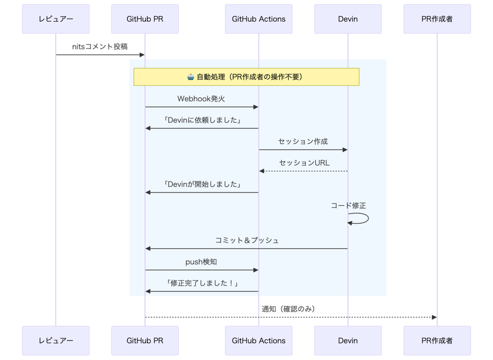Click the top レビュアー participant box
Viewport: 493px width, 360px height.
click(55, 19)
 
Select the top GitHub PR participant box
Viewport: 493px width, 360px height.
click(145, 19)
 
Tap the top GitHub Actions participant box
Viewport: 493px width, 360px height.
click(258, 19)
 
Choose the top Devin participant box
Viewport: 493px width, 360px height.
click(348, 19)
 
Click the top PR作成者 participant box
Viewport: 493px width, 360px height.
click(437, 19)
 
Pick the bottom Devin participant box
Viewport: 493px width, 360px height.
click(348, 341)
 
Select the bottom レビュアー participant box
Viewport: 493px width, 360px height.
click(55, 341)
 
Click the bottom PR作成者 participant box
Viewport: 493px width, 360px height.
click(437, 341)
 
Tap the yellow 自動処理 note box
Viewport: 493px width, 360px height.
click(246, 77)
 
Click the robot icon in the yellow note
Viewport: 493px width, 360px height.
click(191, 77)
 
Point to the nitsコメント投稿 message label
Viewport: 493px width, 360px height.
click(100, 47)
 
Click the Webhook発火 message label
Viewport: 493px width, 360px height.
click(201, 99)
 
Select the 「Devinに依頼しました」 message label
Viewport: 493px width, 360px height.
click(201, 120)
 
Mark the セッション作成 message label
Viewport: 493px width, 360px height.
click(303, 142)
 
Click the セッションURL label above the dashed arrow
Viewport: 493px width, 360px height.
click(304, 163)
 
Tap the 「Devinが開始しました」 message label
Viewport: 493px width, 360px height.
click(201, 184)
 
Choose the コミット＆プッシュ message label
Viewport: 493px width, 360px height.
click(247, 241)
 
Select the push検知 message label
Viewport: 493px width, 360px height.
click(201, 262)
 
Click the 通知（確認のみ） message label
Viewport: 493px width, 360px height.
click(288, 309)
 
